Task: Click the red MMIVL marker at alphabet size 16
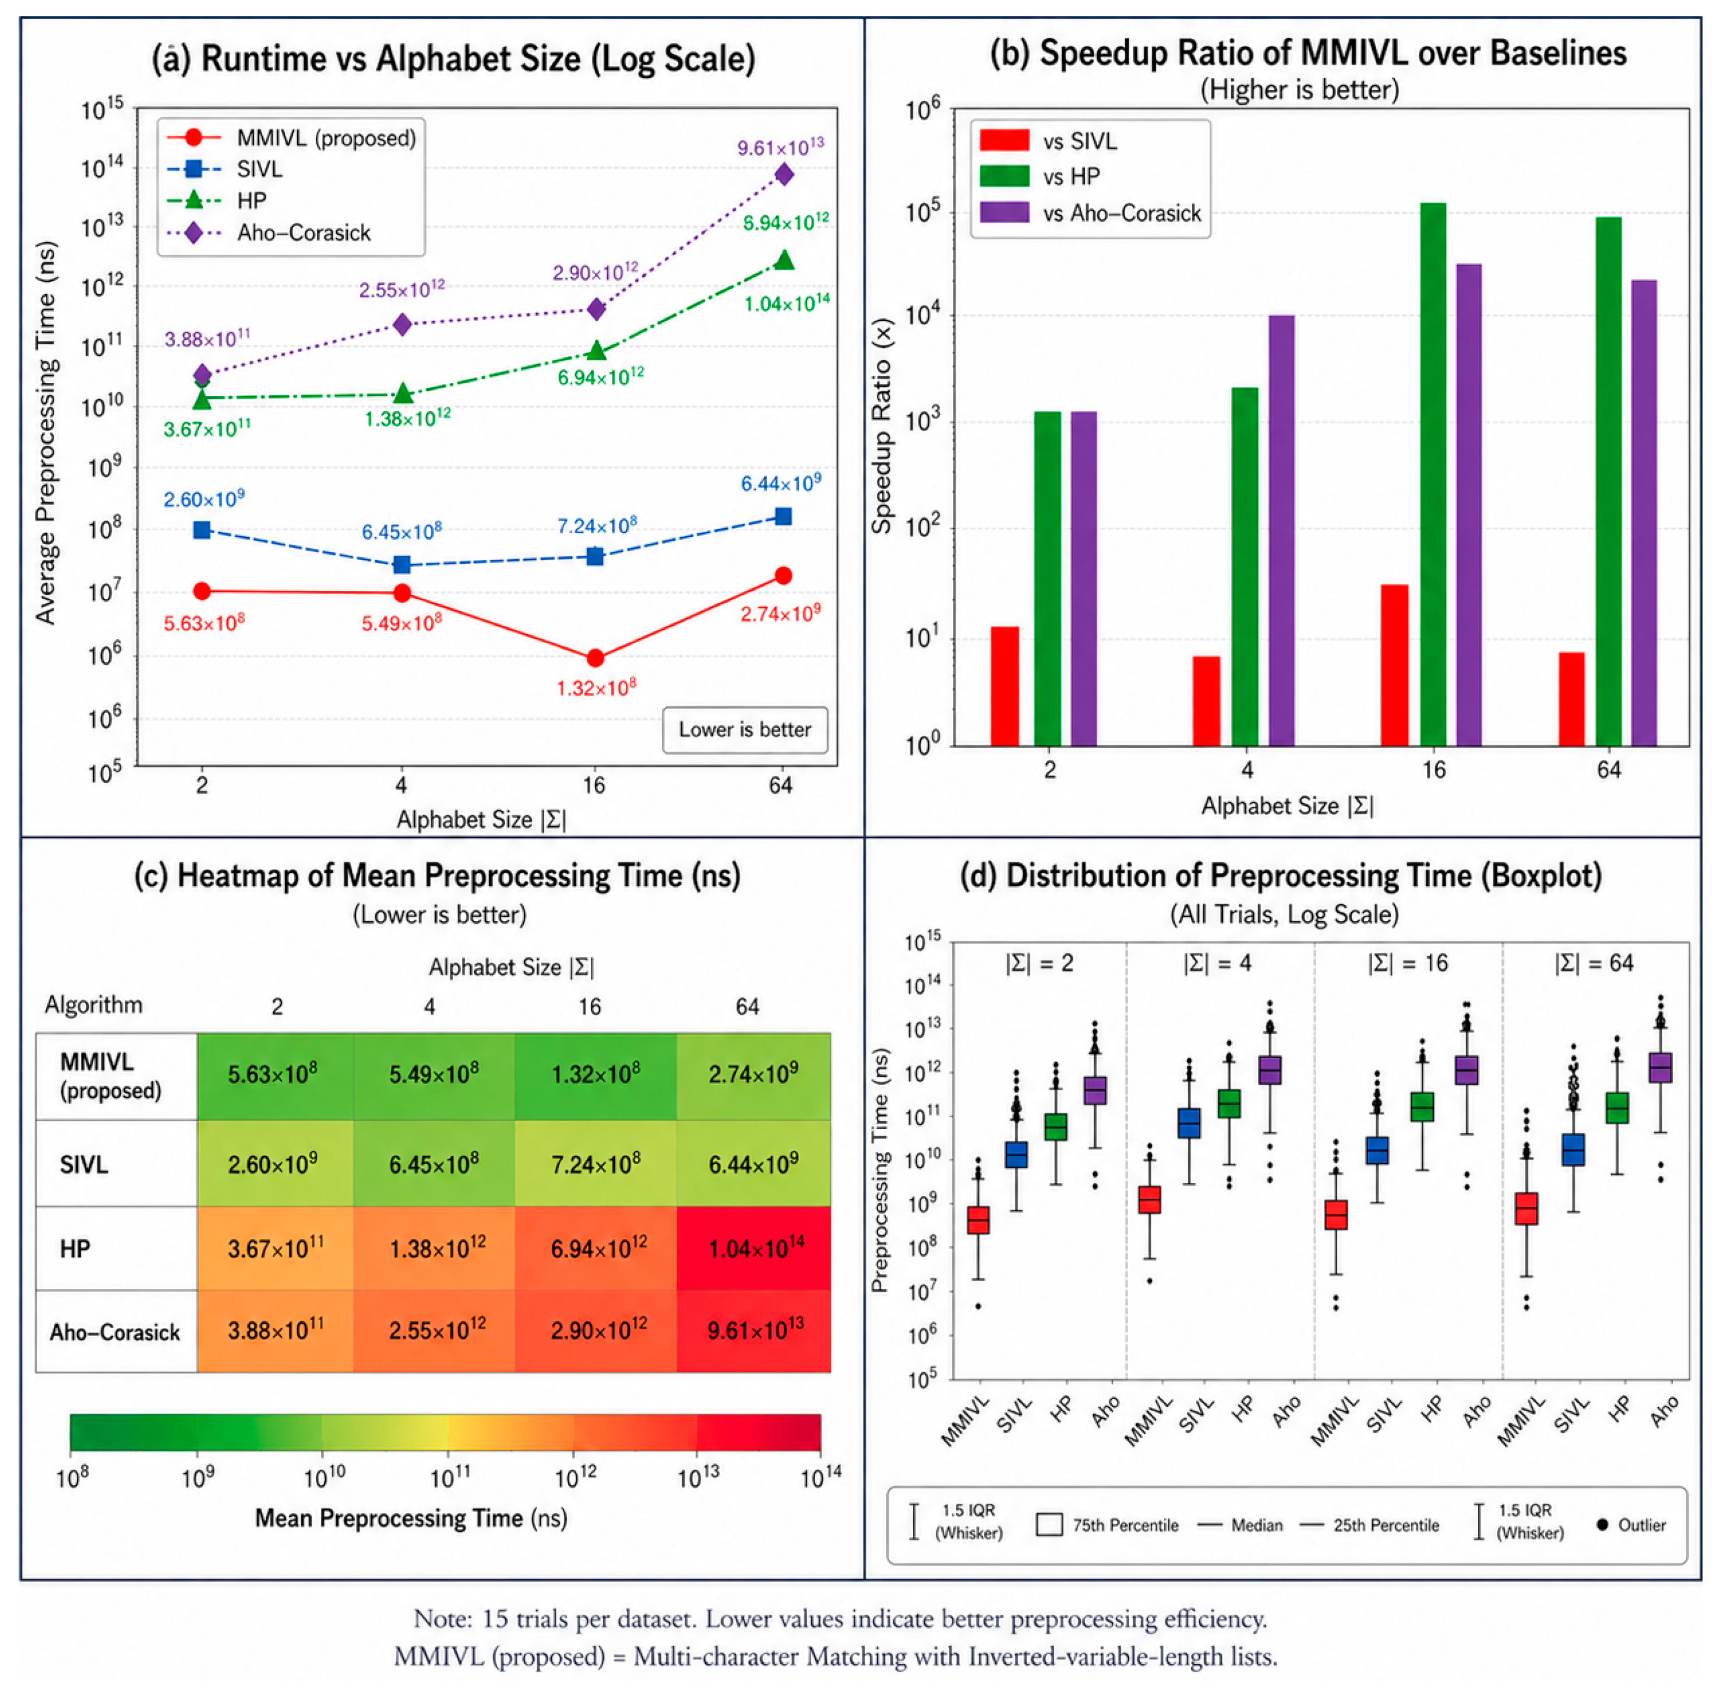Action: point(595,658)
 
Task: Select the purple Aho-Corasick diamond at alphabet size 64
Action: point(783,175)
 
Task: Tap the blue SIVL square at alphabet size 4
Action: point(402,564)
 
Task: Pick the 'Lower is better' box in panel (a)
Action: point(745,730)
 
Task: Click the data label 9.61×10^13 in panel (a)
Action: point(781,147)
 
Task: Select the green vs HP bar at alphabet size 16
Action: point(1432,474)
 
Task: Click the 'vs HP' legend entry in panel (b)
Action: point(1041,177)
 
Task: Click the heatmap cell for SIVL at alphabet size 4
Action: point(433,1164)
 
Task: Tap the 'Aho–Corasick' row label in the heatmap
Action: point(115,1331)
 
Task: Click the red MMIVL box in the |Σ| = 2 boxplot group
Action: point(978,1220)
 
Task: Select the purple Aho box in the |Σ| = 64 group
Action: point(1660,1067)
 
